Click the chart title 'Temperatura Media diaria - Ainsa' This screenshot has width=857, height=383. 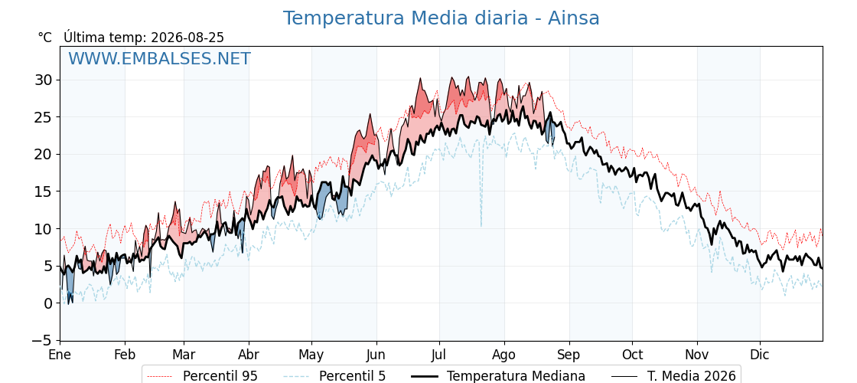(x=441, y=18)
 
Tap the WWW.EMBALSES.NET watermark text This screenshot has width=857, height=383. (x=160, y=58)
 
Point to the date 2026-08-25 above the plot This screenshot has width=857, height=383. (x=187, y=38)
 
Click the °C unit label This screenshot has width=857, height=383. (x=45, y=38)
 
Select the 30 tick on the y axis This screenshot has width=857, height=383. (x=44, y=80)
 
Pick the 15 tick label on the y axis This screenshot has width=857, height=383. (x=44, y=191)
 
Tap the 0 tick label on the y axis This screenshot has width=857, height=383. (x=49, y=303)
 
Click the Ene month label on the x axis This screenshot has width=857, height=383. (x=60, y=355)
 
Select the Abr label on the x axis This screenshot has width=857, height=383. (x=249, y=355)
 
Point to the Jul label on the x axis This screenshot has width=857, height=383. (x=439, y=355)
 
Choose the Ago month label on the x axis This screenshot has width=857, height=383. (x=503, y=355)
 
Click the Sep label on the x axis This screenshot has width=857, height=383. (x=569, y=355)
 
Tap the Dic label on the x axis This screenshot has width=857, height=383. (x=760, y=355)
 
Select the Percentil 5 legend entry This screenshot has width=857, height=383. (x=335, y=376)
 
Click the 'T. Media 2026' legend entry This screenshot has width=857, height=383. (x=674, y=376)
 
